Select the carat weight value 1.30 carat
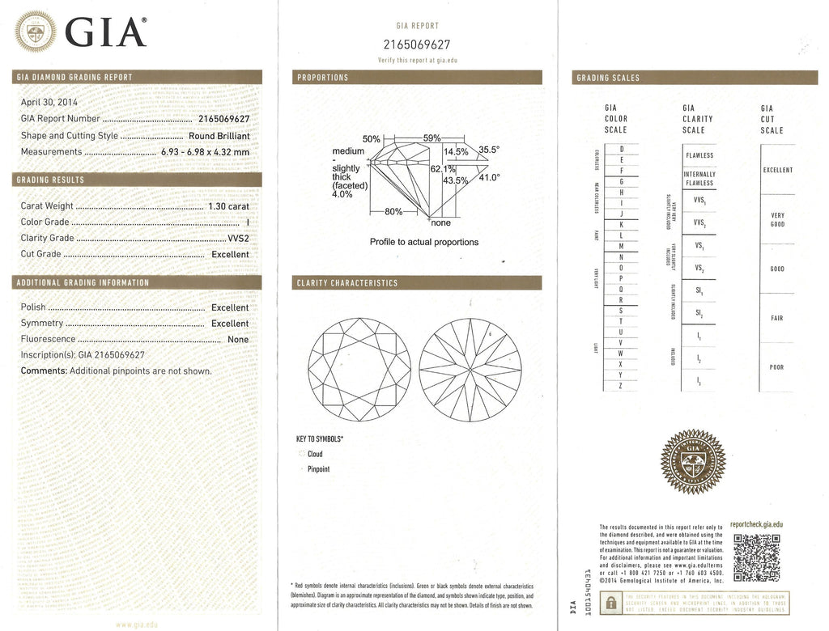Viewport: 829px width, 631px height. point(228,206)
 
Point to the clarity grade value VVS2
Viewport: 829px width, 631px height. point(239,238)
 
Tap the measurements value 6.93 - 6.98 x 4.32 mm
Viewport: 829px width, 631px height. point(205,151)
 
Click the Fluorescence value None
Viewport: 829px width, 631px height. point(238,340)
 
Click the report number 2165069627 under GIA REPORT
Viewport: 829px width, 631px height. point(417,44)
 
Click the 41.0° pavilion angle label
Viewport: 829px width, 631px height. point(490,178)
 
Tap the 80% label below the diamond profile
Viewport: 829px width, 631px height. point(393,212)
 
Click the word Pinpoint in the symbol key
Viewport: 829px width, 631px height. point(318,469)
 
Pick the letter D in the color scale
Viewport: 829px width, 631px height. point(621,149)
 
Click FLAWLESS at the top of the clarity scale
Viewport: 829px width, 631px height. point(699,155)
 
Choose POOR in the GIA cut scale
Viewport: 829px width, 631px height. point(776,367)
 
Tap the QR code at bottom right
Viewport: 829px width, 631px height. point(756,558)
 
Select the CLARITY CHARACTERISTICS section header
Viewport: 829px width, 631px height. point(348,283)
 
